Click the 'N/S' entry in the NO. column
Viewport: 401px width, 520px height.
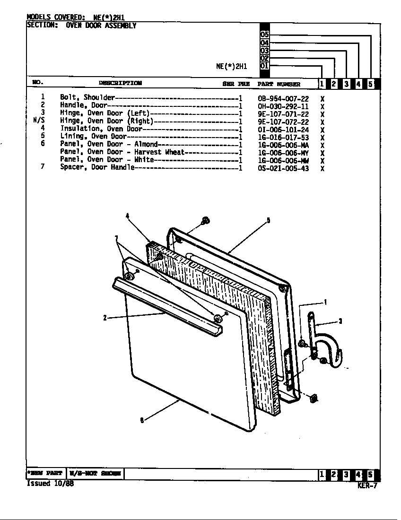(38, 121)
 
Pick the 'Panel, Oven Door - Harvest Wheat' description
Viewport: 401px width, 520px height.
(122, 152)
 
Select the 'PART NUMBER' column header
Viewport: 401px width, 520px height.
(279, 84)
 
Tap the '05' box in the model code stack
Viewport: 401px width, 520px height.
(264, 35)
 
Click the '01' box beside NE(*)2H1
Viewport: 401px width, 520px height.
(264, 66)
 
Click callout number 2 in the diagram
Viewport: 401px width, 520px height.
(105, 318)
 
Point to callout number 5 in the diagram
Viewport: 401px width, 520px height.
(268, 220)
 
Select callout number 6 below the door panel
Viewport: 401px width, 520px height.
(142, 420)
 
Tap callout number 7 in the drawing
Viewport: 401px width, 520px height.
(116, 238)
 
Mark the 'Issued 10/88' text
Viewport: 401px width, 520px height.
(50, 484)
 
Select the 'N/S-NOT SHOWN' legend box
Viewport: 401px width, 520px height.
(95, 473)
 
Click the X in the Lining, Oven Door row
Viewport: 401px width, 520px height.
(322, 138)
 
